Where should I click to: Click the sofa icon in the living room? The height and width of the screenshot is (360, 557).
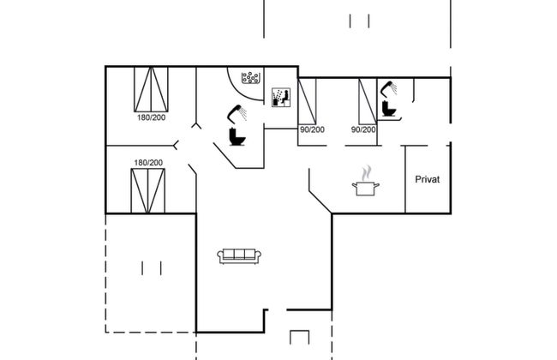[x=239, y=255]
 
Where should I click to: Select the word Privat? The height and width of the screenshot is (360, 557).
[x=427, y=179]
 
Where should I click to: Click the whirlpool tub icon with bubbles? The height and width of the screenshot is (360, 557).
[x=251, y=79]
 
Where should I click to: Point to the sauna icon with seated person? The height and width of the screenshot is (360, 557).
[x=279, y=97]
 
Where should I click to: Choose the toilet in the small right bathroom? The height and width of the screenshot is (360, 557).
[x=389, y=109]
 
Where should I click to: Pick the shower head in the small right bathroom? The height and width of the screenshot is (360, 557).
[x=389, y=87]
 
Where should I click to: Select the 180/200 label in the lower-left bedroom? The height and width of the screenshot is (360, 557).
[x=147, y=163]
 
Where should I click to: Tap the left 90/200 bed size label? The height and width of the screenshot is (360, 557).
[x=312, y=129]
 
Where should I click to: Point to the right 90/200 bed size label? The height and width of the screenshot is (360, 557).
[x=363, y=129]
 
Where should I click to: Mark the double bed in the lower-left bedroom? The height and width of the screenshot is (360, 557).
[x=147, y=190]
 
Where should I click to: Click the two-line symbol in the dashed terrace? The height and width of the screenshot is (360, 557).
[x=151, y=267]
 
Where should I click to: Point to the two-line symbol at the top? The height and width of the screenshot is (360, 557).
[x=359, y=21]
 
